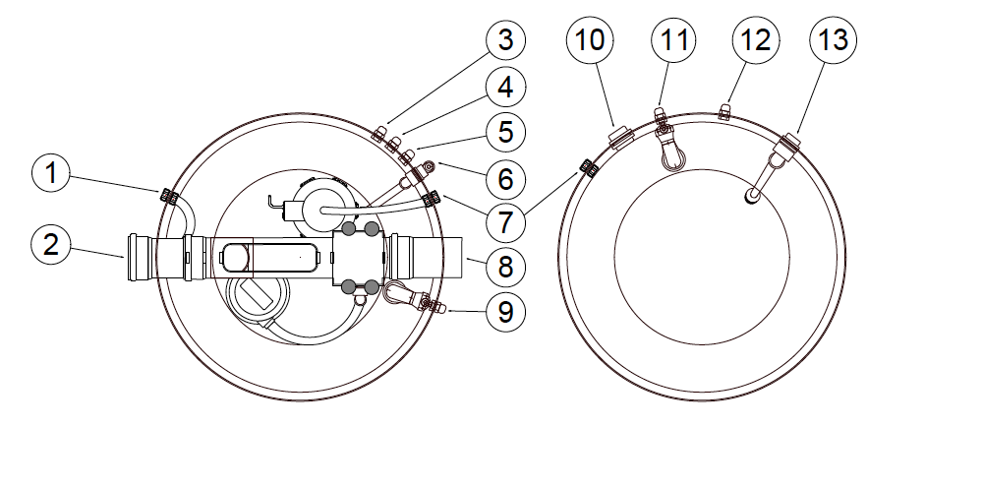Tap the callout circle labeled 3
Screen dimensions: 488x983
point(505,41)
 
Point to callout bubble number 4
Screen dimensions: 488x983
point(505,87)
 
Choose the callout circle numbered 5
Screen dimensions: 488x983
point(505,132)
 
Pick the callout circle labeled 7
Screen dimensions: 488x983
point(505,222)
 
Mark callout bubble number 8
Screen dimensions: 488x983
point(505,266)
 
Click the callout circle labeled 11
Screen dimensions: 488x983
point(674,41)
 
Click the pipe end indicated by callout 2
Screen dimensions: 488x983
point(138,259)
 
